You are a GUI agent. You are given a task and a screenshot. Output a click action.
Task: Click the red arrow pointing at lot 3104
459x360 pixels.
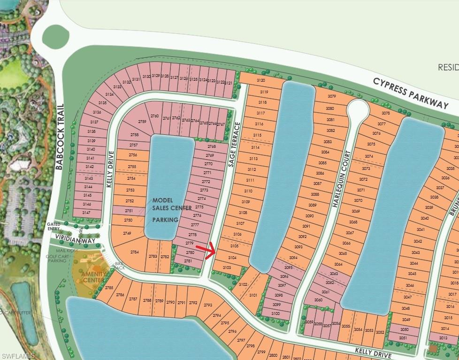206,250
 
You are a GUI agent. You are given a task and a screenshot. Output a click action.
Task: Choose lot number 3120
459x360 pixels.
261,81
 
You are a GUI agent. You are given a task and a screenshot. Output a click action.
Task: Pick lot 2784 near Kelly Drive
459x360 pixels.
135,252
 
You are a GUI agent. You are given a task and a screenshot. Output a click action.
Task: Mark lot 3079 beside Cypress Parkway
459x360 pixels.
332,96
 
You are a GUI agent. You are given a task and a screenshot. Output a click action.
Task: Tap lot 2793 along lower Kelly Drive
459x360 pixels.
207,305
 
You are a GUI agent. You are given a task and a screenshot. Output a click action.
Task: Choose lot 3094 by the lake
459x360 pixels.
293,258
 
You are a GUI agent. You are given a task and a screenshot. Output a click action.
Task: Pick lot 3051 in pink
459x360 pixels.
403,337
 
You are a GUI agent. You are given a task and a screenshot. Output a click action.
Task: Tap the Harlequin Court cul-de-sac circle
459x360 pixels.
358,111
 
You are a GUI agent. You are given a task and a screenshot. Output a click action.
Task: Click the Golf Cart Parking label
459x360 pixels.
57,259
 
